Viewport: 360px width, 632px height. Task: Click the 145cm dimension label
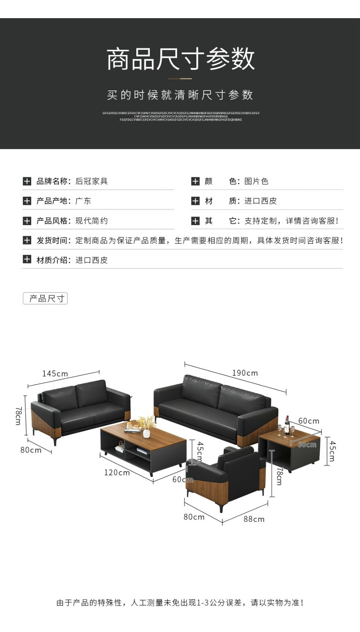click(x=55, y=374)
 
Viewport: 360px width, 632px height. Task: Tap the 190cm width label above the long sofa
click(x=245, y=373)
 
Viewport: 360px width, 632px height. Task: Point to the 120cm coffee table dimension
click(x=117, y=472)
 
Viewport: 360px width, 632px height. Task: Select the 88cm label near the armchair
click(x=254, y=519)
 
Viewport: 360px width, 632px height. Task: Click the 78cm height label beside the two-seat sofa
click(x=18, y=416)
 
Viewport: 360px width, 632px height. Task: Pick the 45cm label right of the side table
click(x=332, y=451)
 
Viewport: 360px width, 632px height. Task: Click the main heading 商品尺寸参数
click(x=180, y=59)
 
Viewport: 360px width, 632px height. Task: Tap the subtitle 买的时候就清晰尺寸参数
click(x=180, y=95)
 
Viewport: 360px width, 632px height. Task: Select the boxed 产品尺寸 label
click(x=45, y=298)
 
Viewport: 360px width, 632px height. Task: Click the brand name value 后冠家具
click(x=91, y=181)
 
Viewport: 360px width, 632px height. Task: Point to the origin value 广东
click(x=83, y=201)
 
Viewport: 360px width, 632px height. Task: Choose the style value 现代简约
click(x=91, y=220)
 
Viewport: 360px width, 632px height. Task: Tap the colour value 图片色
click(x=256, y=181)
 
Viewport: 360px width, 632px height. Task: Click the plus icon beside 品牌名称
click(x=27, y=181)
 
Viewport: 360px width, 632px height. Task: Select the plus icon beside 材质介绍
click(x=27, y=260)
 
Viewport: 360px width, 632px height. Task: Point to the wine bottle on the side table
click(x=287, y=424)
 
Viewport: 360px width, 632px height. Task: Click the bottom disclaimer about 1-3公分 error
click(x=180, y=602)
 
